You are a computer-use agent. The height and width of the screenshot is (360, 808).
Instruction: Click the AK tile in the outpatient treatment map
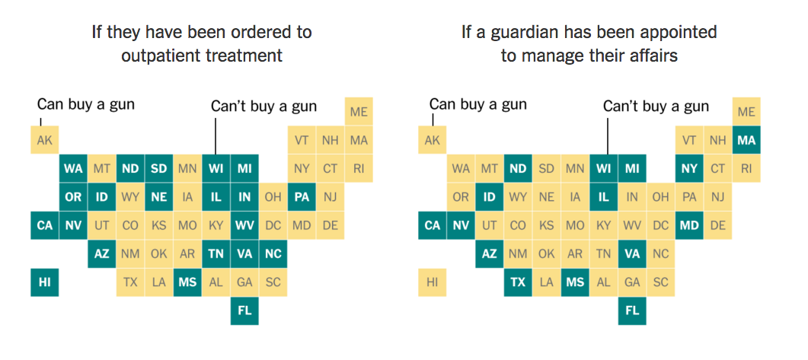[44, 140]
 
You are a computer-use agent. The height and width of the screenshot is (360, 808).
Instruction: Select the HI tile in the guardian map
[433, 282]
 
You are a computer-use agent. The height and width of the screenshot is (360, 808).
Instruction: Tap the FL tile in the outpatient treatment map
[244, 311]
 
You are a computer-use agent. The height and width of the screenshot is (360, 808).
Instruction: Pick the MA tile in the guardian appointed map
[746, 140]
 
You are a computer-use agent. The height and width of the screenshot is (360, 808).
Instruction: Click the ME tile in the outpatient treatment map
[359, 112]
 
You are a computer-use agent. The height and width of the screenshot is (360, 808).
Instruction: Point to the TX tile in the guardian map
[518, 282]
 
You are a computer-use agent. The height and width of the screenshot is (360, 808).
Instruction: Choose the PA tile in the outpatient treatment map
[302, 197]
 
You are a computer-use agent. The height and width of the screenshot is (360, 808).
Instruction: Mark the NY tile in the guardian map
[689, 168]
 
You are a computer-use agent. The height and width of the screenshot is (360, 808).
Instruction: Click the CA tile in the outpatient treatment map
[44, 225]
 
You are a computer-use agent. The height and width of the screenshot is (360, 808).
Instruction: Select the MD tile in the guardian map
[689, 225]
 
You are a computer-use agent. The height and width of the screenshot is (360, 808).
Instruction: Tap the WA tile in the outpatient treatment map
[73, 168]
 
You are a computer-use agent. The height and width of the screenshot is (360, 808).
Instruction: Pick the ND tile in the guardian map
[518, 168]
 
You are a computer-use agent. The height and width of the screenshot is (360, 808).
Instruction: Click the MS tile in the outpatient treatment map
[187, 282]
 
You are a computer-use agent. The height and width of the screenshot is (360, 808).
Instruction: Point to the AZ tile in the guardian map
[490, 254]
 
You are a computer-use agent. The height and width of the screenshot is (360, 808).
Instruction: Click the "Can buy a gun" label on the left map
[85, 104]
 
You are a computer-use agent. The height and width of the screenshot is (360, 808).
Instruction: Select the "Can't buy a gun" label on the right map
[656, 107]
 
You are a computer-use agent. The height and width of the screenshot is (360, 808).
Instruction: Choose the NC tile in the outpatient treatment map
[273, 254]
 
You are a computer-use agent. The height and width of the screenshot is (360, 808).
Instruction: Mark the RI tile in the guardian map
[746, 168]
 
